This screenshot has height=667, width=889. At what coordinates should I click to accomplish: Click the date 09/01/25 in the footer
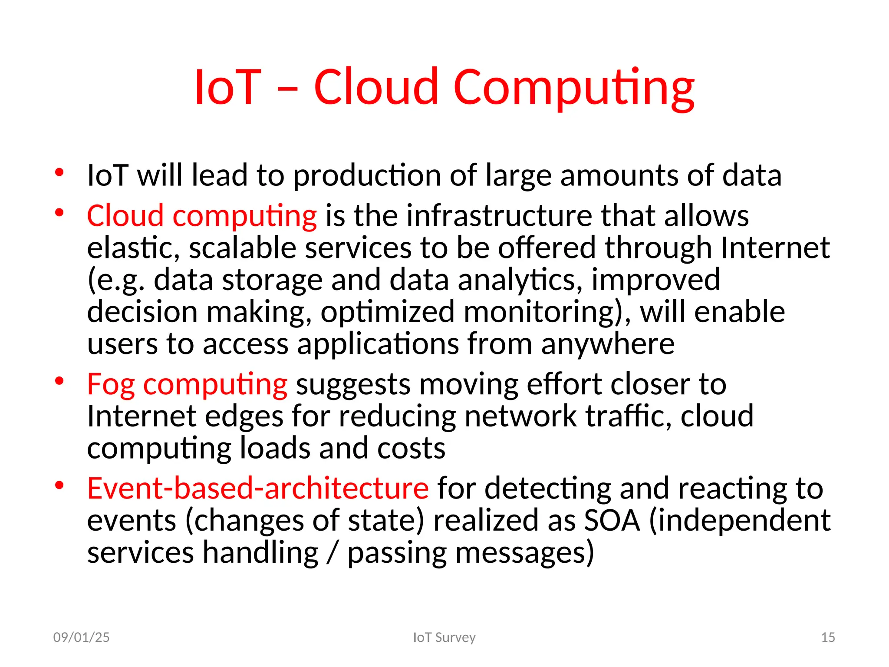[81, 637]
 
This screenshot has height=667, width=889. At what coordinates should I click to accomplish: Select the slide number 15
[828, 637]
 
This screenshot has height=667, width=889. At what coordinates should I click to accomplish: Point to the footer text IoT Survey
[444, 637]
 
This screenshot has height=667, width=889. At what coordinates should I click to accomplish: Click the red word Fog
[111, 385]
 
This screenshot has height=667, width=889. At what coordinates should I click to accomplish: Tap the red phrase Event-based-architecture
[258, 488]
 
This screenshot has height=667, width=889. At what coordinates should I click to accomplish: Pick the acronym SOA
[612, 520]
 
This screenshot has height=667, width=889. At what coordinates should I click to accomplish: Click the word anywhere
[608, 344]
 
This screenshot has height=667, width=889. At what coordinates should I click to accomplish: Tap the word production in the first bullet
[367, 175]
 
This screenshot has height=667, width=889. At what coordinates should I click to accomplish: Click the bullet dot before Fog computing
[59, 381]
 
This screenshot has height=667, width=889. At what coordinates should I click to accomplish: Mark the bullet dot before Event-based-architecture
[59, 485]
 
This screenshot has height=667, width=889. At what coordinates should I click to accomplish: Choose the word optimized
[387, 312]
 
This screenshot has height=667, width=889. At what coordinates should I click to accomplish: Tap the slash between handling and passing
[333, 553]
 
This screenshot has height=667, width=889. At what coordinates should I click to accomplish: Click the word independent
[740, 520]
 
